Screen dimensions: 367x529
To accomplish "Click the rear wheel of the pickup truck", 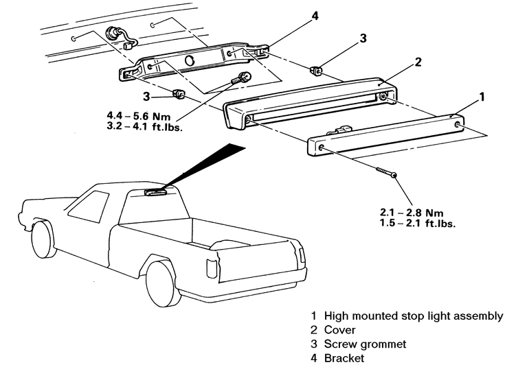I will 163,281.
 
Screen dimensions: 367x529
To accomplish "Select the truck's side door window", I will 89,206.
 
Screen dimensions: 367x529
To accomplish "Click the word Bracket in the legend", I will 344,358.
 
